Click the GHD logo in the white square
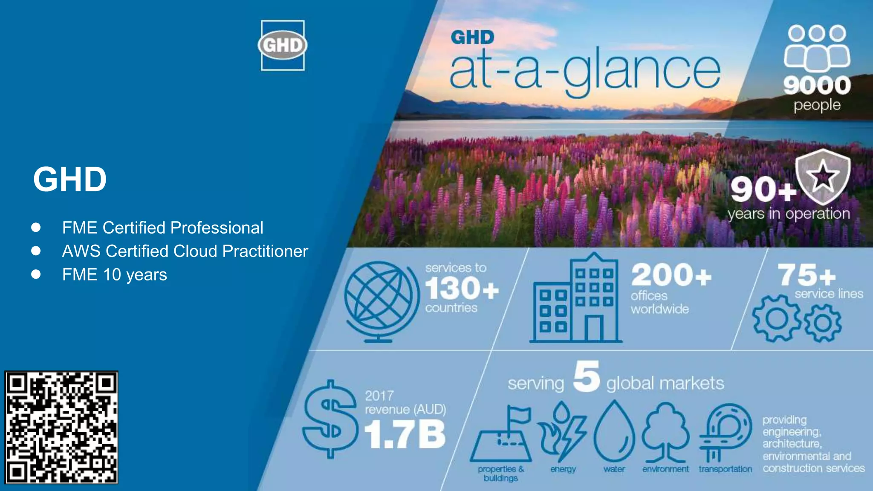tap(283, 45)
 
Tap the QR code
tap(61, 427)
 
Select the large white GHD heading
tap(70, 179)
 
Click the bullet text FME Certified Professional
tap(162, 228)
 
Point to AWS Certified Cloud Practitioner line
tap(185, 251)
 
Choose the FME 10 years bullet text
tap(114, 274)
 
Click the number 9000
tap(817, 85)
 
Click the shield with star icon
tap(822, 176)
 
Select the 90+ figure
tap(763, 189)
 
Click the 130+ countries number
tap(462, 289)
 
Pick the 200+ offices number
tap(671, 275)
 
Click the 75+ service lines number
tap(807, 275)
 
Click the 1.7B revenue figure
tap(405, 434)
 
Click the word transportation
tap(725, 469)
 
